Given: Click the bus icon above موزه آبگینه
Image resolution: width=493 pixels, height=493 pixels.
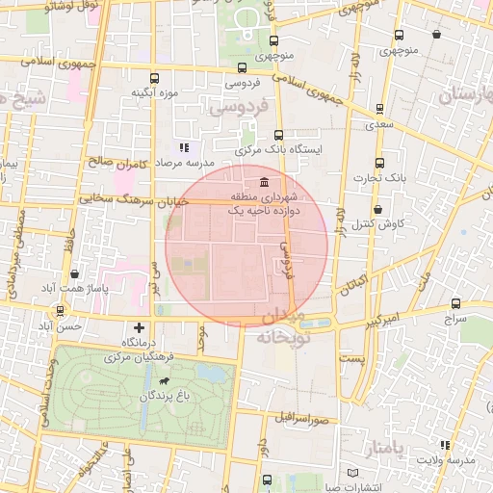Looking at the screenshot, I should tap(154, 78).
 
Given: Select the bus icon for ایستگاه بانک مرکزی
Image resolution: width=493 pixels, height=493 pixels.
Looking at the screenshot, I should tap(279, 135).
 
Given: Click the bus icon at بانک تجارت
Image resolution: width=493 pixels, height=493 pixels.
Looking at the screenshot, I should tap(378, 162).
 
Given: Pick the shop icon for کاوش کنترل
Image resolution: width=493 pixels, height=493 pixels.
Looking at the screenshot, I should tap(376, 208).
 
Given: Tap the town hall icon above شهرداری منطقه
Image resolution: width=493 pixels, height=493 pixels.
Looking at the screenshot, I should tap(264, 184).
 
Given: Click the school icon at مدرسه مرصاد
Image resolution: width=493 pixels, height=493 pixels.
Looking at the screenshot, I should tap(184, 147).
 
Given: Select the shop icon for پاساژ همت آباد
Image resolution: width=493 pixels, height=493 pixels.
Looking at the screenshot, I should tap(75, 273).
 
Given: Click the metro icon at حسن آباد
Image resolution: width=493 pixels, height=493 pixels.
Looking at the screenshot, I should tap(62, 310).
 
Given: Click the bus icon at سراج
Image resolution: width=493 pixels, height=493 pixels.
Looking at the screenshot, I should tap(455, 301).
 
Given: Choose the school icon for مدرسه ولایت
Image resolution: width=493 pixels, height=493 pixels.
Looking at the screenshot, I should tap(444, 445).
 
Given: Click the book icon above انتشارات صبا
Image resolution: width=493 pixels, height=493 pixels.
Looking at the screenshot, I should tap(352, 473).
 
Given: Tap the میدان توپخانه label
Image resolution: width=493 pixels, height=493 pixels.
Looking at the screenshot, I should tap(282, 327).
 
